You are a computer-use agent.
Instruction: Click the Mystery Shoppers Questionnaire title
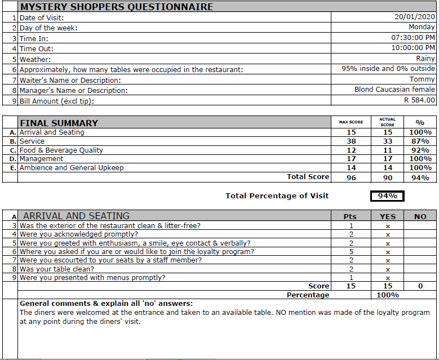(x=117, y=7)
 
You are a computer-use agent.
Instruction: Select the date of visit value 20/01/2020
(x=415, y=17)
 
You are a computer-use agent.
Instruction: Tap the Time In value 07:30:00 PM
(x=413, y=38)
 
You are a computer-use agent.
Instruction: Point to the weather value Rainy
(x=425, y=59)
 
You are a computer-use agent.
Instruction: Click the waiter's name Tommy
(x=422, y=79)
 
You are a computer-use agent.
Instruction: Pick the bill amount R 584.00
(x=419, y=100)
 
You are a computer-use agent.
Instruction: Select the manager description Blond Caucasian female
(x=394, y=90)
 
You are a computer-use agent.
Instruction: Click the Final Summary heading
(x=59, y=123)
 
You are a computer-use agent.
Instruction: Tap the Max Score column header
(x=351, y=122)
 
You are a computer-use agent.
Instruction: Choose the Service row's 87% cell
(x=420, y=141)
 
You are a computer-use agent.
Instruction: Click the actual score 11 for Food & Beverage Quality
(x=387, y=150)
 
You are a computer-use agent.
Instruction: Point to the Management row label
(x=42, y=159)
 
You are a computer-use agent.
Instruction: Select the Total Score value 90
(x=387, y=177)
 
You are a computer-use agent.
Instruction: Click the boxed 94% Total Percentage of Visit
(x=387, y=196)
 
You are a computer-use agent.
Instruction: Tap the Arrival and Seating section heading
(x=76, y=216)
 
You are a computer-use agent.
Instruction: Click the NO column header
(x=420, y=216)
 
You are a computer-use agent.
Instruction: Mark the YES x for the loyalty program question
(x=388, y=252)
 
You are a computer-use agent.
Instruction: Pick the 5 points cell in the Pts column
(x=351, y=252)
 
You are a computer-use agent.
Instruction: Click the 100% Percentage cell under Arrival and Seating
(x=388, y=295)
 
